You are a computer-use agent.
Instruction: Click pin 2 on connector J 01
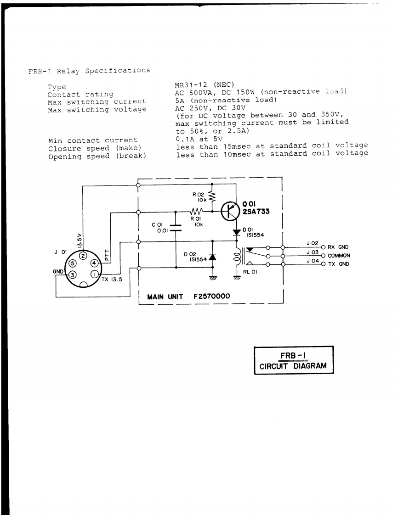pos(83,255)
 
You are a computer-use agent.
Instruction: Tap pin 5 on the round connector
pos(72,263)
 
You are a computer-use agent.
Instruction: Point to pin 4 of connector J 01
pos(93,263)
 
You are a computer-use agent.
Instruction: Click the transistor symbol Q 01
pos(230,211)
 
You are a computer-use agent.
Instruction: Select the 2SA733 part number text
pos(256,212)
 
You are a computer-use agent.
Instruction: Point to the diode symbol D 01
pos(236,232)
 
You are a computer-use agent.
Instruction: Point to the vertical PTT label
pos(105,253)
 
